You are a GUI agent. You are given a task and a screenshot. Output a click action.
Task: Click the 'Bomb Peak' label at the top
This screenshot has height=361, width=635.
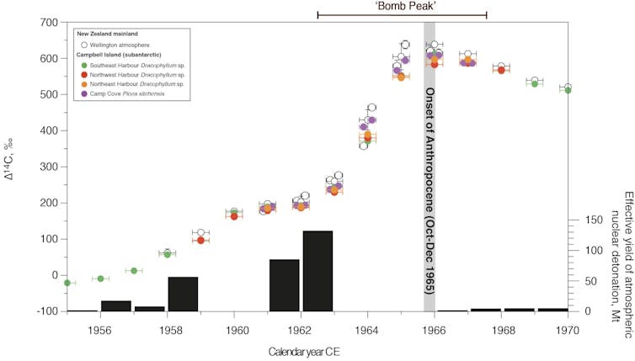click(402, 5)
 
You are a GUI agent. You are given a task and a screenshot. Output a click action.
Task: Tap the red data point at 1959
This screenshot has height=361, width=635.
click(200, 240)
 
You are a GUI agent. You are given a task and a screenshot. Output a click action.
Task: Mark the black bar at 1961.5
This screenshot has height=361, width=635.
click(284, 285)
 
